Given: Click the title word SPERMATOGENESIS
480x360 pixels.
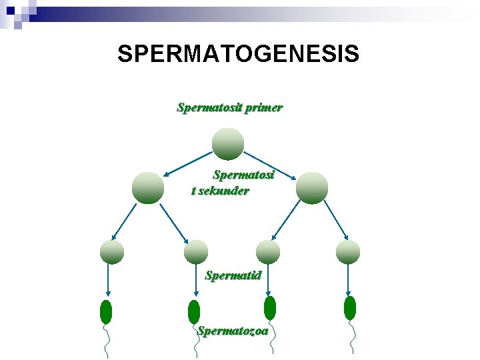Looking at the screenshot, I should point(238,54).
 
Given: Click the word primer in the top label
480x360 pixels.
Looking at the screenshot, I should point(263,107).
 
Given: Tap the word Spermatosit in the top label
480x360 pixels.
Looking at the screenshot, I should point(209,107).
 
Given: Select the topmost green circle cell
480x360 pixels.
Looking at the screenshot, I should point(228,144).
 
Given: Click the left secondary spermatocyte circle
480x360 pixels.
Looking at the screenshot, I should point(148,187).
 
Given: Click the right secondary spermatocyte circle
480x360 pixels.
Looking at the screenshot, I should point(312,187).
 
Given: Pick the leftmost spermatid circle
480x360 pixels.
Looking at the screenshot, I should point(112,251).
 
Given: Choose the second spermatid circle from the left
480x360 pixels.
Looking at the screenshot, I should point(196,251).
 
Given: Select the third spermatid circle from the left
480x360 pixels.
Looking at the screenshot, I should point(268,251).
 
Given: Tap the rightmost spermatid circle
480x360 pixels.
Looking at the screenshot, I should point(348,251).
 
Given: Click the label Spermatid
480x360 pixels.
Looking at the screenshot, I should point(233,275).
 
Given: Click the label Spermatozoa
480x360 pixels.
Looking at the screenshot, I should point(233,330).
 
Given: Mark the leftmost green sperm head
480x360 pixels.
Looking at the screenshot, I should point(106,311).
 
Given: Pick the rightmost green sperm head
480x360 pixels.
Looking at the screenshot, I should point(350,307).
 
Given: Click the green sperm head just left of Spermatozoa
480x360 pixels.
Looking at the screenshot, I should point(194,311).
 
